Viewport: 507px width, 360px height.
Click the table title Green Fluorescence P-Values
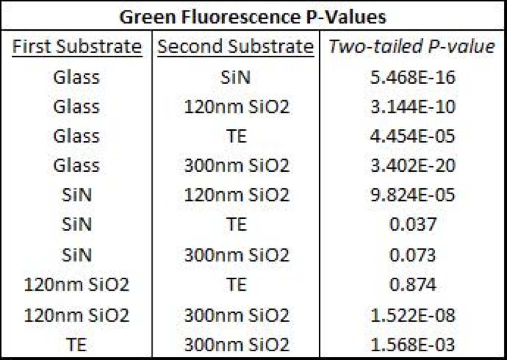253,17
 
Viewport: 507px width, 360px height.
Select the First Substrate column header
77,47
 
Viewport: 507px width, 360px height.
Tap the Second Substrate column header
236,47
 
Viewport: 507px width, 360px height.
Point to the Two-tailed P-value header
411,47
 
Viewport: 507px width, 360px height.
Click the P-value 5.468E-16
412,77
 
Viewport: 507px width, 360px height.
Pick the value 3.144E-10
412,107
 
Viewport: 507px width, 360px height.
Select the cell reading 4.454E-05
412,136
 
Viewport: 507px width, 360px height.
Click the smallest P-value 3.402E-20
412,165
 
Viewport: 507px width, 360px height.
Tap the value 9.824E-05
412,195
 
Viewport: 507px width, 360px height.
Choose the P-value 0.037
413,224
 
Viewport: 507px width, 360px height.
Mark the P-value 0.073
413,255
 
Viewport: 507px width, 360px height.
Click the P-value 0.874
413,284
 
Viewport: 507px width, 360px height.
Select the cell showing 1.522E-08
412,315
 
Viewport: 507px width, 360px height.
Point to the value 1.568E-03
412,345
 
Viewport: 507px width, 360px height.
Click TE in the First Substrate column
77,345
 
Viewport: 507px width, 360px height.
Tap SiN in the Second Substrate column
236,77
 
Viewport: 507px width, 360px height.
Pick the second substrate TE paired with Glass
237,136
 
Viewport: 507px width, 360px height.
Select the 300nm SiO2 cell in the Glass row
237,165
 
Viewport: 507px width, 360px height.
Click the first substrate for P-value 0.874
77,284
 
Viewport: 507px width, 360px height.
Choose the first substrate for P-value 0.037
77,224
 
